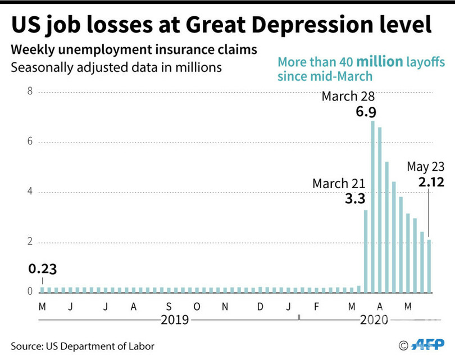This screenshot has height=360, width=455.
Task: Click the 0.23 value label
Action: (x=42, y=269)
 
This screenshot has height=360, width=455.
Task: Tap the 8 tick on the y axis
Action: (x=30, y=92)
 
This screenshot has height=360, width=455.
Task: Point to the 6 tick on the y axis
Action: (x=30, y=142)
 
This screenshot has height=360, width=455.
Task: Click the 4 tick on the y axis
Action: (x=30, y=193)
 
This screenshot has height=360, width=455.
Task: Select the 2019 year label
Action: (x=175, y=320)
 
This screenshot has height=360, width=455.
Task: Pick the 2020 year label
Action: (x=374, y=320)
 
